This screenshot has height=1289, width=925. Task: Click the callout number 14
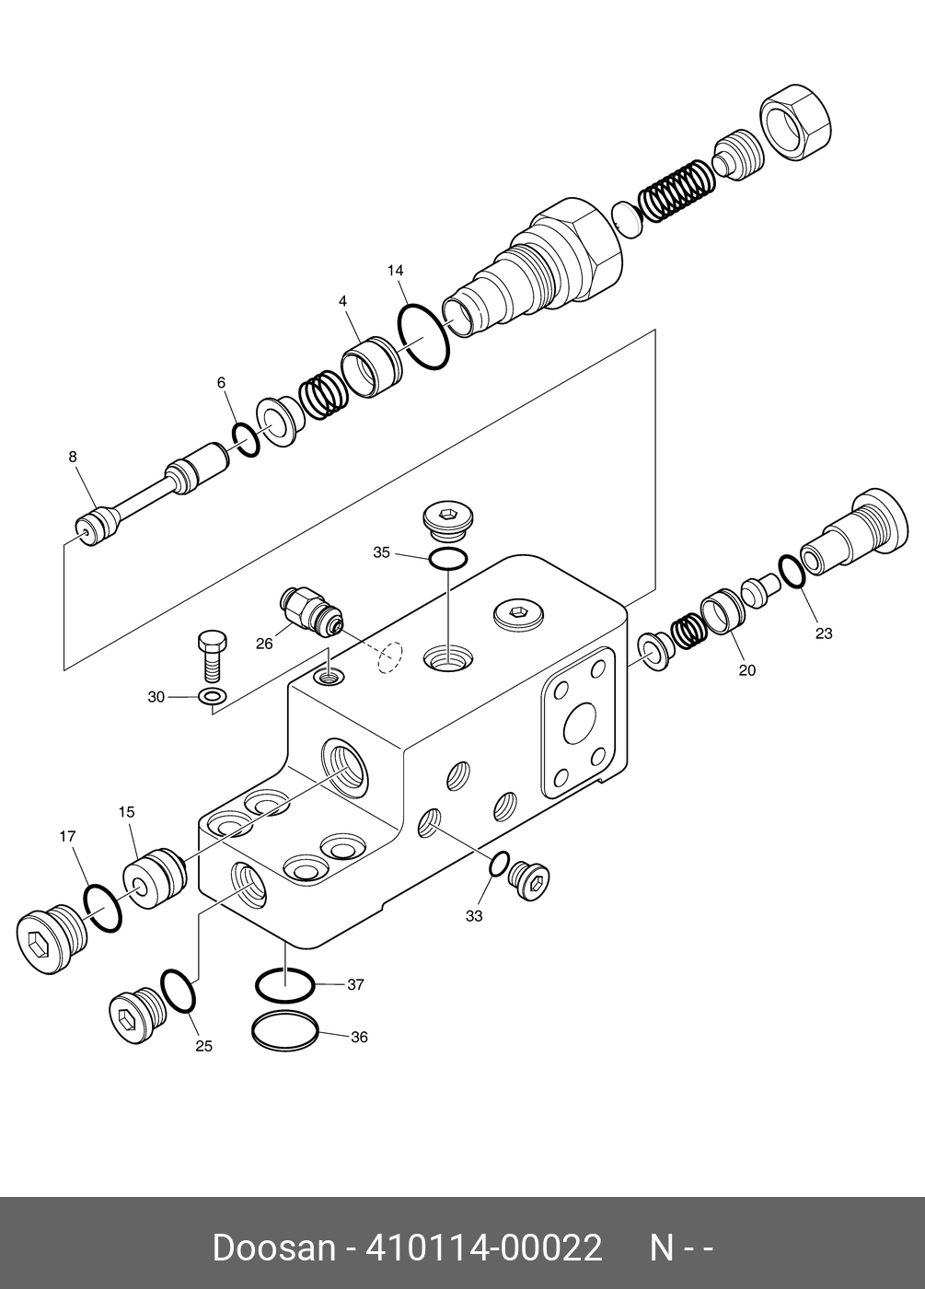[396, 271]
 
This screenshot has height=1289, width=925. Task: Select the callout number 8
[73, 457]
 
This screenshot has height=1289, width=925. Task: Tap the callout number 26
[264, 644]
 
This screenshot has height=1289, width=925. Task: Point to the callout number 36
[359, 1037]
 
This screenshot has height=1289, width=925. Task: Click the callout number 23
[824, 633]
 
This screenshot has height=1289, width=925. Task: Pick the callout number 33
[474, 916]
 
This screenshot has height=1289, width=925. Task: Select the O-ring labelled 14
[423, 337]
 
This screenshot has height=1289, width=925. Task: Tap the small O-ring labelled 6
[246, 439]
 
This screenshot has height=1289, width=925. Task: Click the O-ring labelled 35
[448, 558]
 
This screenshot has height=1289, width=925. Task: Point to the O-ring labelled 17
[103, 908]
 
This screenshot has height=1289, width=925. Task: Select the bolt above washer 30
[211, 654]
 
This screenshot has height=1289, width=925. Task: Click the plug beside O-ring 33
[532, 880]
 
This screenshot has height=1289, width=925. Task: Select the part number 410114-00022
[484, 1248]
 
